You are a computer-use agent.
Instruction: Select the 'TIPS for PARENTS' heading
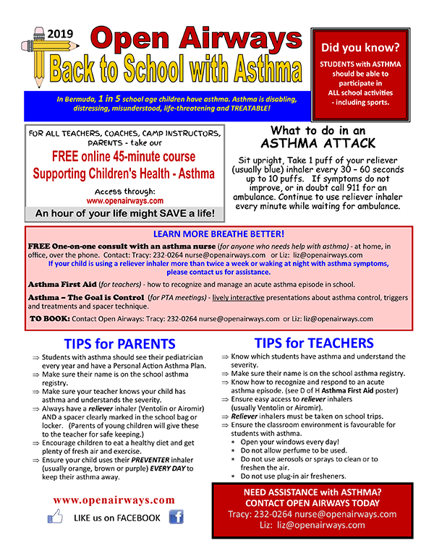tap(119, 343)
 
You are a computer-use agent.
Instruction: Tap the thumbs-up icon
tap(56, 516)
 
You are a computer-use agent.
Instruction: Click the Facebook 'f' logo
tap(176, 516)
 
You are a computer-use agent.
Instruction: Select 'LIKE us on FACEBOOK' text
tap(116, 518)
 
